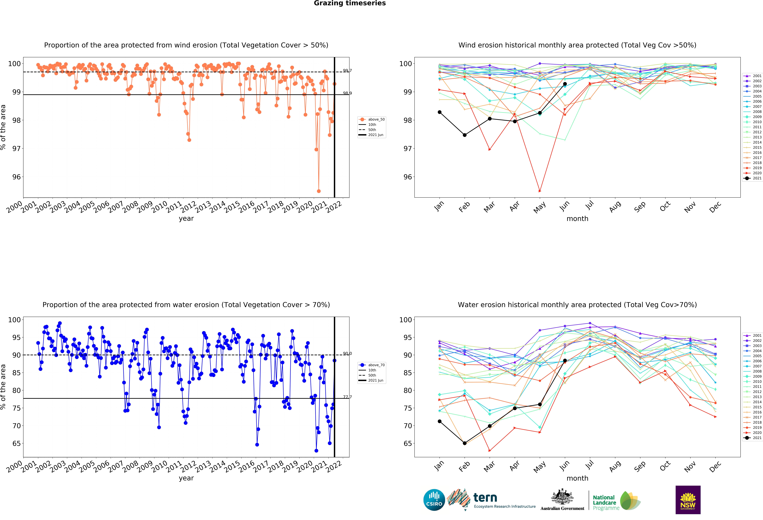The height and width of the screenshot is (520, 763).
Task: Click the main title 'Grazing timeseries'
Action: pyautogui.click(x=350, y=3)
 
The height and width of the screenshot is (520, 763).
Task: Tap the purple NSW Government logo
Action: pyautogui.click(x=688, y=500)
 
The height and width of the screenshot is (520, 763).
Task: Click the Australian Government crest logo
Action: pyautogui.click(x=562, y=500)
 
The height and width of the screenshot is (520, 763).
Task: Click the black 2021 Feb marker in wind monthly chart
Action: pyautogui.click(x=465, y=135)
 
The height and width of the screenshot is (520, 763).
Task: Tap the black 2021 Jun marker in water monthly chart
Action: pyautogui.click(x=565, y=360)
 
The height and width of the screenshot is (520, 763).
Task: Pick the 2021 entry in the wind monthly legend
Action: pyautogui.click(x=754, y=178)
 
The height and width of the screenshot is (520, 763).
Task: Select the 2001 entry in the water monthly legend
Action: pyautogui.click(x=754, y=335)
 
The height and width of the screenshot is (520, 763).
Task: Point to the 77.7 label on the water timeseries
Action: pyautogui.click(x=347, y=397)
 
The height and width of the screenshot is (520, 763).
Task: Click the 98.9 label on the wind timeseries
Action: pyautogui.click(x=347, y=93)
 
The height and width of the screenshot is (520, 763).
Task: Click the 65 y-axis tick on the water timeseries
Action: pyautogui.click(x=16, y=443)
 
